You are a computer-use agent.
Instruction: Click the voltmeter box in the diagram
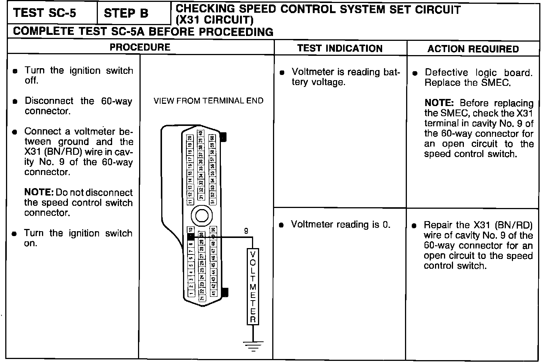coord(253,286)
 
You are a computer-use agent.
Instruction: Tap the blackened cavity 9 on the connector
coord(190,237)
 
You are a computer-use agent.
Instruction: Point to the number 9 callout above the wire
coord(246,231)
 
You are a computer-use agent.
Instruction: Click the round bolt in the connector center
coord(201,215)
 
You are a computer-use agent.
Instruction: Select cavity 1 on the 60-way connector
coord(190,294)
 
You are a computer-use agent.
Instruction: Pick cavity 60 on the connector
coord(212,138)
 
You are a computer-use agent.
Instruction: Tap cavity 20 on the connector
coord(190,138)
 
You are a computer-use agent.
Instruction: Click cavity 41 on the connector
coord(213,293)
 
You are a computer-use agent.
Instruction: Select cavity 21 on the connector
coord(201,298)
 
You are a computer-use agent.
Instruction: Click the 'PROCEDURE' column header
coord(140,47)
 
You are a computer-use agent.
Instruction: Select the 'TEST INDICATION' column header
coord(340,48)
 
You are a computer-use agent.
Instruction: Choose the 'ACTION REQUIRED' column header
coord(473,49)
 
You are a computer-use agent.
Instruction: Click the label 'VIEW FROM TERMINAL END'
coord(208,101)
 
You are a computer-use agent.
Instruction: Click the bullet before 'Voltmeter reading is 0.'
coord(281,225)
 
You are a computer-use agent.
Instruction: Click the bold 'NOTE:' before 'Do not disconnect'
coord(39,193)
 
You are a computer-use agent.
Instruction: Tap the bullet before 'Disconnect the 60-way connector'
coord(15,101)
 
